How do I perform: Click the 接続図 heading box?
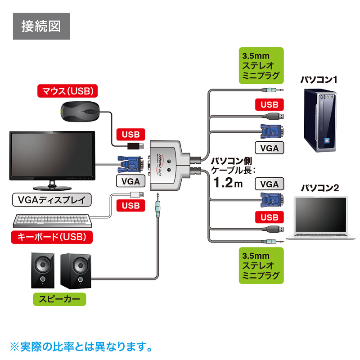point(41,26)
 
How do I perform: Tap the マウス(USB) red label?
point(67,91)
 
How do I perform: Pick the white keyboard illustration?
point(52,220)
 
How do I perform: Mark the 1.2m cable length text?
point(227,183)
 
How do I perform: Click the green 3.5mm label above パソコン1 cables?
point(261,66)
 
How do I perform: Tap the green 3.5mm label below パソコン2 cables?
point(261,265)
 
